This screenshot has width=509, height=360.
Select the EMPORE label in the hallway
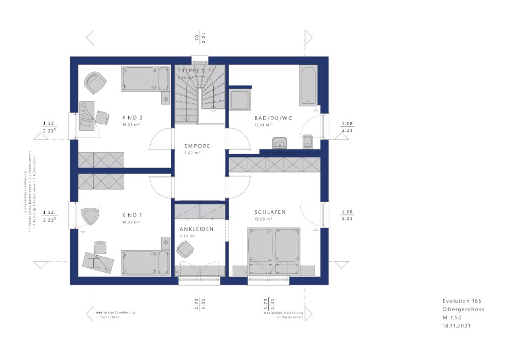(x=197, y=146)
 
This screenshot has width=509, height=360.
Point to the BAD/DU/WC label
(x=273, y=118)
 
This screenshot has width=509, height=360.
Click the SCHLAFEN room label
(x=270, y=212)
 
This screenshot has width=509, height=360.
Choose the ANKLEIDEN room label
(x=196, y=229)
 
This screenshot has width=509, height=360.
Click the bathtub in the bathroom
(x=308, y=85)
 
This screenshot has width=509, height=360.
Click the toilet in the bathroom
(x=307, y=143)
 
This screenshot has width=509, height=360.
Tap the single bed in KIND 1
(x=145, y=263)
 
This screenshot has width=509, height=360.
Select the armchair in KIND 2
(x=95, y=82)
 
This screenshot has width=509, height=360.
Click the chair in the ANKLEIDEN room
(x=185, y=250)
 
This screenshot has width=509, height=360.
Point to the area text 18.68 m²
(x=263, y=219)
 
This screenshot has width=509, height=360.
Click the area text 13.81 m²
(x=263, y=125)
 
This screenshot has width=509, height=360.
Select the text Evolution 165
(x=462, y=301)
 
